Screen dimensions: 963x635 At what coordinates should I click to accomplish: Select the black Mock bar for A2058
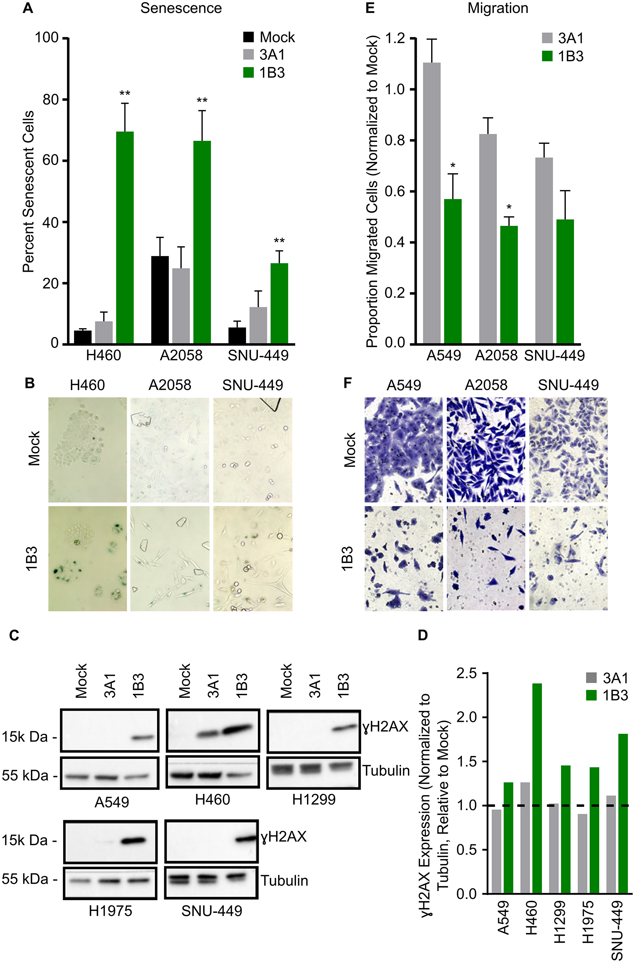click(160, 300)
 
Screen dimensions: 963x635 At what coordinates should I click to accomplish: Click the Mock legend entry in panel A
click(269, 37)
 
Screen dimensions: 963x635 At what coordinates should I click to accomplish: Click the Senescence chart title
click(181, 9)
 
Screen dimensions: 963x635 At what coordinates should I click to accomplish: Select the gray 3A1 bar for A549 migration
click(432, 203)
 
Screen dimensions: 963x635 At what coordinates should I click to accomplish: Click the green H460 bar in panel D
click(537, 788)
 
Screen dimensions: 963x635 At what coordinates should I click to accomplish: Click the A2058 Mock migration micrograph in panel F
click(485, 449)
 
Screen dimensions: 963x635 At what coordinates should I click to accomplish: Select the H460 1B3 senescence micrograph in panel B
click(88, 558)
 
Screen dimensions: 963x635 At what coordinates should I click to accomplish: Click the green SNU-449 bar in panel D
click(623, 814)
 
